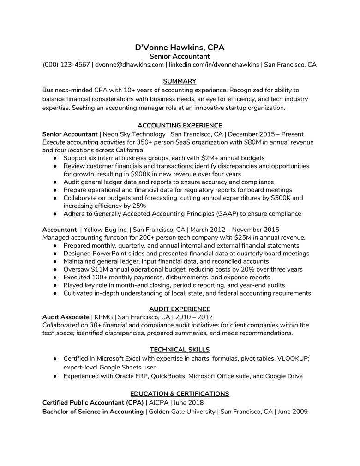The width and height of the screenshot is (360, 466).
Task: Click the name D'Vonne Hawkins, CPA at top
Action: (x=180, y=48)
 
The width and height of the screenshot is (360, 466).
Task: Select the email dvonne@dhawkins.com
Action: (x=129, y=65)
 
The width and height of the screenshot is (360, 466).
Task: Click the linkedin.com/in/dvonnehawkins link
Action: (x=214, y=65)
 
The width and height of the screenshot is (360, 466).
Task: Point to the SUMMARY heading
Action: (x=180, y=81)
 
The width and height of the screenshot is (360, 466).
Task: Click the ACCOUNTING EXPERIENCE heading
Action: (x=180, y=126)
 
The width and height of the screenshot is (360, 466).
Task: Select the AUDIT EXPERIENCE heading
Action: (x=180, y=309)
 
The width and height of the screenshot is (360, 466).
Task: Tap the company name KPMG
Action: (x=103, y=317)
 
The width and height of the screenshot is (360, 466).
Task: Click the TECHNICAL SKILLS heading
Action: (x=180, y=350)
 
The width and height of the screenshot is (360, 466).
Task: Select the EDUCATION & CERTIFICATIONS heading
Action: (x=180, y=394)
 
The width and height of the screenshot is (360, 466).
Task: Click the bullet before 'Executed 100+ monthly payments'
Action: (x=54, y=278)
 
